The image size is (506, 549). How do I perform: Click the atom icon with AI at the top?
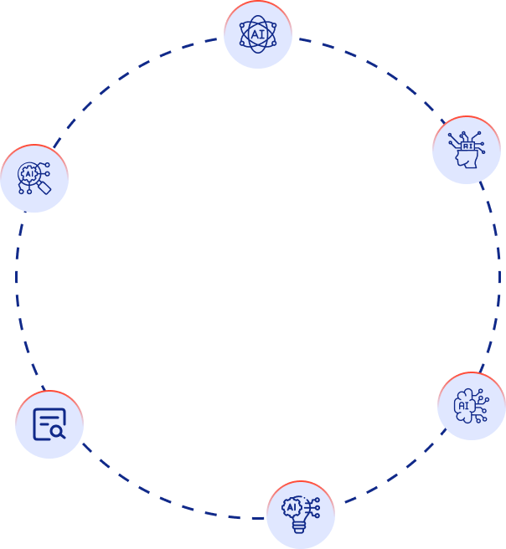point(257,34)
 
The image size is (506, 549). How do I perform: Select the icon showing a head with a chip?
point(467,150)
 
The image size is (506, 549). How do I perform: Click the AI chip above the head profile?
point(467,145)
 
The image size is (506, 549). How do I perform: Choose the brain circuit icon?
point(471,406)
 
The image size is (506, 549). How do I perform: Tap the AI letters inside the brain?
point(463,407)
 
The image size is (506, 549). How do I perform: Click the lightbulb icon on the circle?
point(301,514)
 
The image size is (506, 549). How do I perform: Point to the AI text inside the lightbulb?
point(292,507)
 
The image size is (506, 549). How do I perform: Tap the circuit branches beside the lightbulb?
point(313,507)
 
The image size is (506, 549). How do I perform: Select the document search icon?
point(49,424)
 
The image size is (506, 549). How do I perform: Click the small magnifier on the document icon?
point(57,432)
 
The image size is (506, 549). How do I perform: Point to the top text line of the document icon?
point(47,415)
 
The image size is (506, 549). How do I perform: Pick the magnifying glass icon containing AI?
point(34,177)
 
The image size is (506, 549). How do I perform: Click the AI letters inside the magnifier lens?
point(31,174)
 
